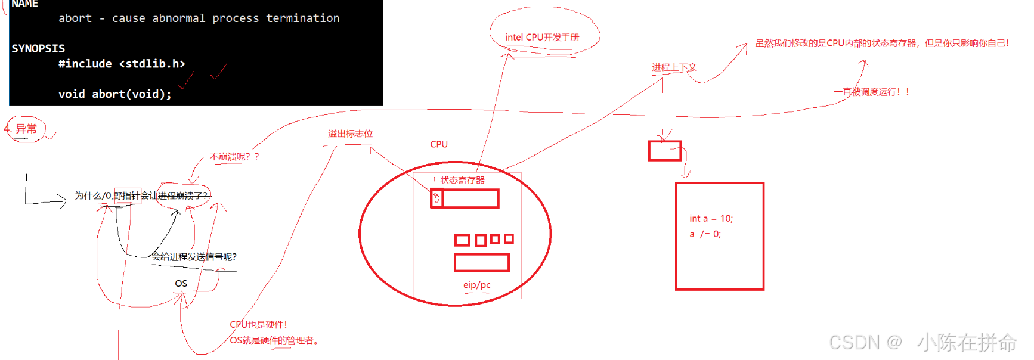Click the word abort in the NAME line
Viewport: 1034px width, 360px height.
(x=75, y=18)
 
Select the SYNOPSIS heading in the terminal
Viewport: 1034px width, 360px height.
(x=38, y=48)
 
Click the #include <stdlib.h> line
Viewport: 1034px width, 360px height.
(x=122, y=64)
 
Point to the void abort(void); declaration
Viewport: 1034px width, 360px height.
(x=114, y=94)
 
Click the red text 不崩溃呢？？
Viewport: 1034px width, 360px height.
(x=234, y=157)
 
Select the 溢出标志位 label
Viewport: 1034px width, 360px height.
(x=350, y=134)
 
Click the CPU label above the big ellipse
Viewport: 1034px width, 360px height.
(x=439, y=144)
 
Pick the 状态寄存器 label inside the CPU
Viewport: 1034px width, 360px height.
(x=462, y=180)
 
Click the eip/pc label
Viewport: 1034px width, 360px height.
(x=476, y=285)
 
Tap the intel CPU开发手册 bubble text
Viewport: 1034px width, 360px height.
(x=542, y=37)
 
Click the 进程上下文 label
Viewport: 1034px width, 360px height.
(x=674, y=67)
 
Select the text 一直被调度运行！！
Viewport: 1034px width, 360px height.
(x=872, y=92)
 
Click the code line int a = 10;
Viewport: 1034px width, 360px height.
(x=711, y=219)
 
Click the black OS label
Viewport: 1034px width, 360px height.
(x=181, y=284)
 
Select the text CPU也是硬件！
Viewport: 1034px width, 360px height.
(x=258, y=325)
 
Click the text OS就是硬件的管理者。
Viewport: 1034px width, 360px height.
(x=274, y=340)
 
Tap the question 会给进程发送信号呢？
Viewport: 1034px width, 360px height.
(x=194, y=257)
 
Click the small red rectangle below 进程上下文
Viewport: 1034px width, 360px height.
(x=664, y=151)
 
